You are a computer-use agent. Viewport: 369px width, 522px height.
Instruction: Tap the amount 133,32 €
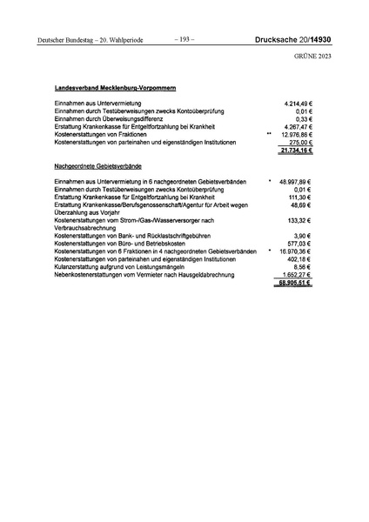pos(300,220)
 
